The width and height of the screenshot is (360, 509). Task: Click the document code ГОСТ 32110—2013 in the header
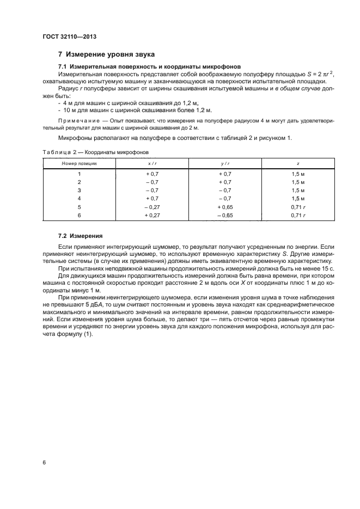click(x=65, y=36)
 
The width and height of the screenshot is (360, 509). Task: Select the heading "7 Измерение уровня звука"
click(x=106, y=54)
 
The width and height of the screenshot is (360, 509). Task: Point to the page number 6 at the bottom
click(x=44, y=462)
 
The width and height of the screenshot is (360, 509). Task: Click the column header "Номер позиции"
click(x=79, y=163)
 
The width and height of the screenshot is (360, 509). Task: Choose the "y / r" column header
click(x=224, y=163)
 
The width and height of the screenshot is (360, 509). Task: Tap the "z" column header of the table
click(x=297, y=163)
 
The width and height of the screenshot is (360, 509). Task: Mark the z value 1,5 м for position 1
click(x=297, y=173)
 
